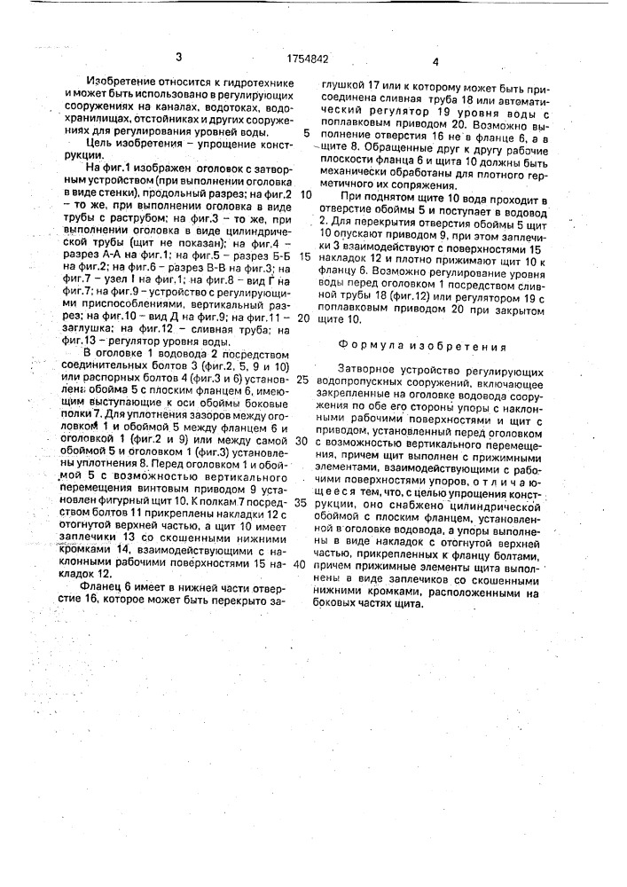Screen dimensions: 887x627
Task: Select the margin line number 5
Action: point(306,134)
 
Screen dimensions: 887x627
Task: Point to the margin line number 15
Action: point(304,255)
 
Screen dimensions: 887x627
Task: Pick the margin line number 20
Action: point(304,317)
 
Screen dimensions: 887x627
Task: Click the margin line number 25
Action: point(303,379)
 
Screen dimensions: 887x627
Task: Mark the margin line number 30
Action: point(302,440)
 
